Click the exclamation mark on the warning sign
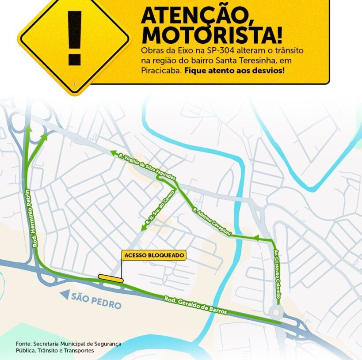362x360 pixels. pyautogui.click(x=74, y=38)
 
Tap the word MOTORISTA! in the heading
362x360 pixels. pyautogui.click(x=211, y=35)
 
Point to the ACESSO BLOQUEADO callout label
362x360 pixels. pyautogui.click(x=154, y=255)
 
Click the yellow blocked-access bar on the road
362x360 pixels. pyautogui.click(x=111, y=278)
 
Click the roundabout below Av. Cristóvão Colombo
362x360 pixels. pyautogui.click(x=277, y=312)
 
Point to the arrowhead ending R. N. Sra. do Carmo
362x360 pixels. pyautogui.click(x=143, y=227)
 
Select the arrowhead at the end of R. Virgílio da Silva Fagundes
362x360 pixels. pyautogui.click(x=113, y=153)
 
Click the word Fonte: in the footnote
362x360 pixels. pyautogui.click(x=24, y=343)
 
